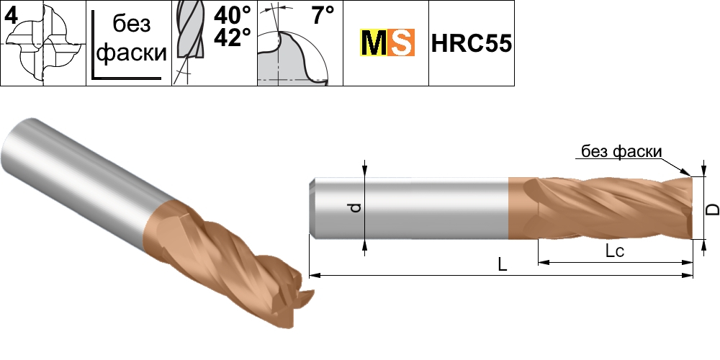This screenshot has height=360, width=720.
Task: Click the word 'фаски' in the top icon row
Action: pos(132,53)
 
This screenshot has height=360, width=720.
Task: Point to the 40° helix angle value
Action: pos(233,16)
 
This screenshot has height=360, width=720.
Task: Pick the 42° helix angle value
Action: pos(233,37)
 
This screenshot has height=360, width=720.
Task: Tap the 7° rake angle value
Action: pos(323,16)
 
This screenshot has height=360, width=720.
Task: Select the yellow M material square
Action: pos(373,42)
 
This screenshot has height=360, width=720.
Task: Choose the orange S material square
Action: pos(401,42)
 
